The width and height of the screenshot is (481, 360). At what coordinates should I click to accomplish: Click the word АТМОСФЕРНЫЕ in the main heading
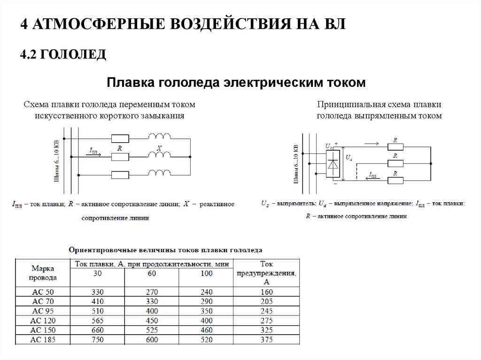89,24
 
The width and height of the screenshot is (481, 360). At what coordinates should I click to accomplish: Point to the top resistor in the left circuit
120,138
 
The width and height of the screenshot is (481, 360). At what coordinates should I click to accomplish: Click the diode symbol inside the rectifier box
333,164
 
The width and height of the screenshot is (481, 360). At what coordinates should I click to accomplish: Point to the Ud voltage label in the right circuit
349,158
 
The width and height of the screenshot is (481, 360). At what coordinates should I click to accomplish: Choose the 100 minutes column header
206,273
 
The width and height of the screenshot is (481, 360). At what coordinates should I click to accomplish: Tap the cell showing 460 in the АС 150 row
206,330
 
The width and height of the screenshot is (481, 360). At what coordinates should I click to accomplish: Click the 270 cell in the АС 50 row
152,291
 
